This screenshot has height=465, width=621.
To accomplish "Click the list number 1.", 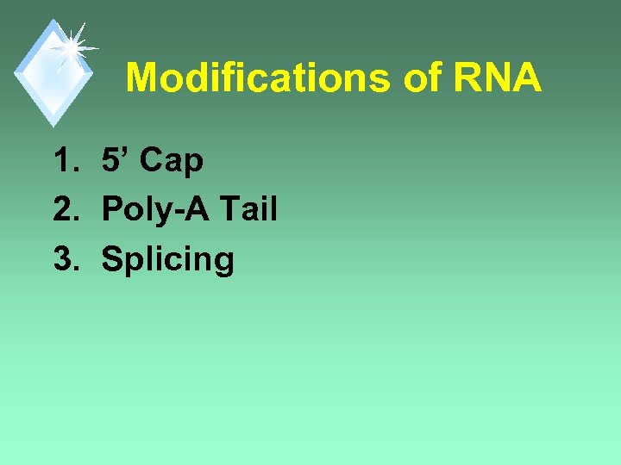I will coord(66,160).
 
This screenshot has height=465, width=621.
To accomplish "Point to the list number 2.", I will coord(66,209).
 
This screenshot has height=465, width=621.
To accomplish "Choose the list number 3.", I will coord(66,259).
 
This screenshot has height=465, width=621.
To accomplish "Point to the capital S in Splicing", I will coord(111,259).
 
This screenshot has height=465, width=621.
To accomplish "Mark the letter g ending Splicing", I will coord(224,263).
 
